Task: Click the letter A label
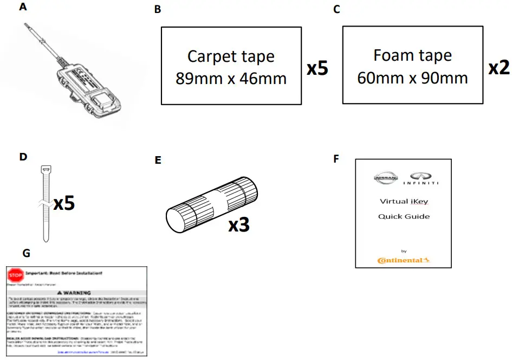click(23, 7)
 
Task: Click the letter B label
click(158, 10)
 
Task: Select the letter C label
click(337, 10)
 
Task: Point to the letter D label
click(23, 157)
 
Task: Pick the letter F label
click(336, 159)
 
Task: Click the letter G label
click(27, 253)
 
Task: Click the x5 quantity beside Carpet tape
click(317, 69)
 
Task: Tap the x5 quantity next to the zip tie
click(64, 203)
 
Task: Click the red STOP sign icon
click(16, 275)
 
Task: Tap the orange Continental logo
click(404, 260)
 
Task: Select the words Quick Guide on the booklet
click(404, 216)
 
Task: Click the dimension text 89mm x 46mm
click(231, 79)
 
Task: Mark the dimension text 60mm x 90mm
click(412, 78)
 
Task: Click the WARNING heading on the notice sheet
click(77, 292)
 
